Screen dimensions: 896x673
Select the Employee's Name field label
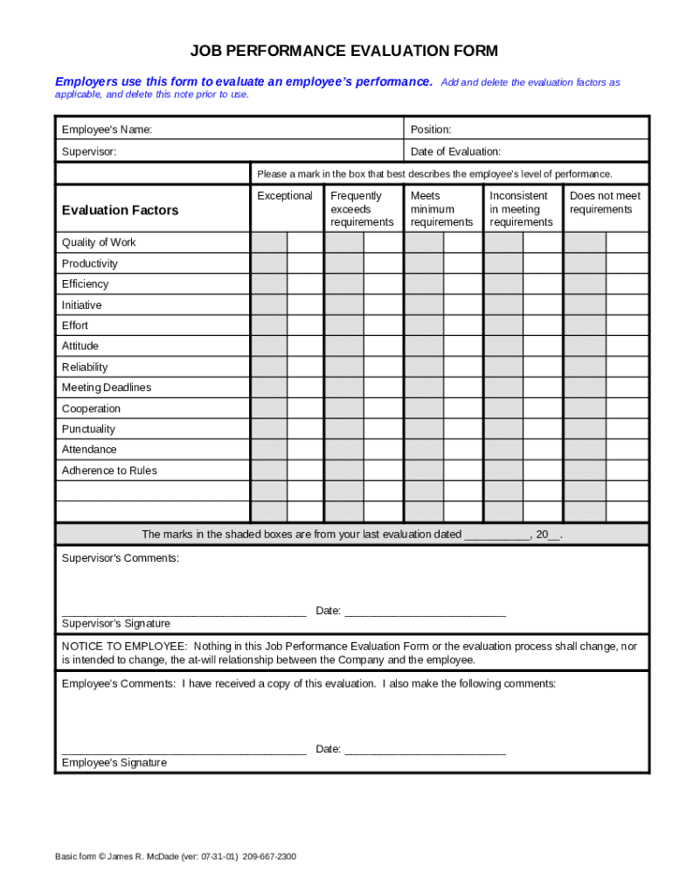(x=107, y=129)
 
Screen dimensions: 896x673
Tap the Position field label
(x=431, y=129)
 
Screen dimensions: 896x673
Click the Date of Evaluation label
(x=455, y=151)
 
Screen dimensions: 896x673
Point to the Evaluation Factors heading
(x=120, y=210)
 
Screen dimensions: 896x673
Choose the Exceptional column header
(x=285, y=196)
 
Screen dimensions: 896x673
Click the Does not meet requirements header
(x=605, y=203)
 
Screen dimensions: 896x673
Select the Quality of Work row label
(x=99, y=242)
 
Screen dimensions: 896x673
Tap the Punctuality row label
(x=88, y=429)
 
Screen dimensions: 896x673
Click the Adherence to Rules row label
(x=109, y=471)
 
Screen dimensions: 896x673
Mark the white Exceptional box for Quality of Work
(x=305, y=242)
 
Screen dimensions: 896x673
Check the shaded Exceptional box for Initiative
(x=269, y=304)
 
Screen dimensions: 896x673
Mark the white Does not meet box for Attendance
(x=628, y=450)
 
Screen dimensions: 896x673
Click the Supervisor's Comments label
(x=121, y=557)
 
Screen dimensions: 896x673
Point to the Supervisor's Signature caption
(x=116, y=624)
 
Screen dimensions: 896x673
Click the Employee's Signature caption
(x=114, y=763)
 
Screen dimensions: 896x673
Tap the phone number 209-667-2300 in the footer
(x=269, y=857)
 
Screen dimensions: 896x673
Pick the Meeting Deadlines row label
(x=107, y=388)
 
